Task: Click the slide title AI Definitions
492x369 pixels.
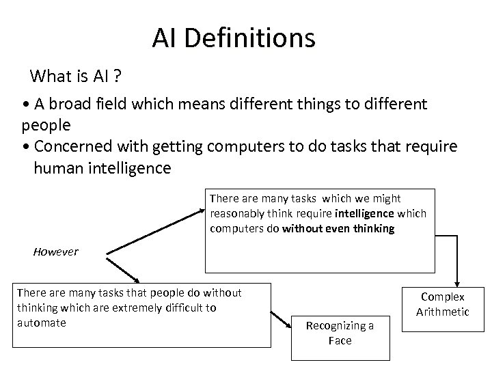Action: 234,38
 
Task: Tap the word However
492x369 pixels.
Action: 55,251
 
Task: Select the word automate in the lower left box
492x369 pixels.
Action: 41,323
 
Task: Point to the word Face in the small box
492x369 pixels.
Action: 340,340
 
